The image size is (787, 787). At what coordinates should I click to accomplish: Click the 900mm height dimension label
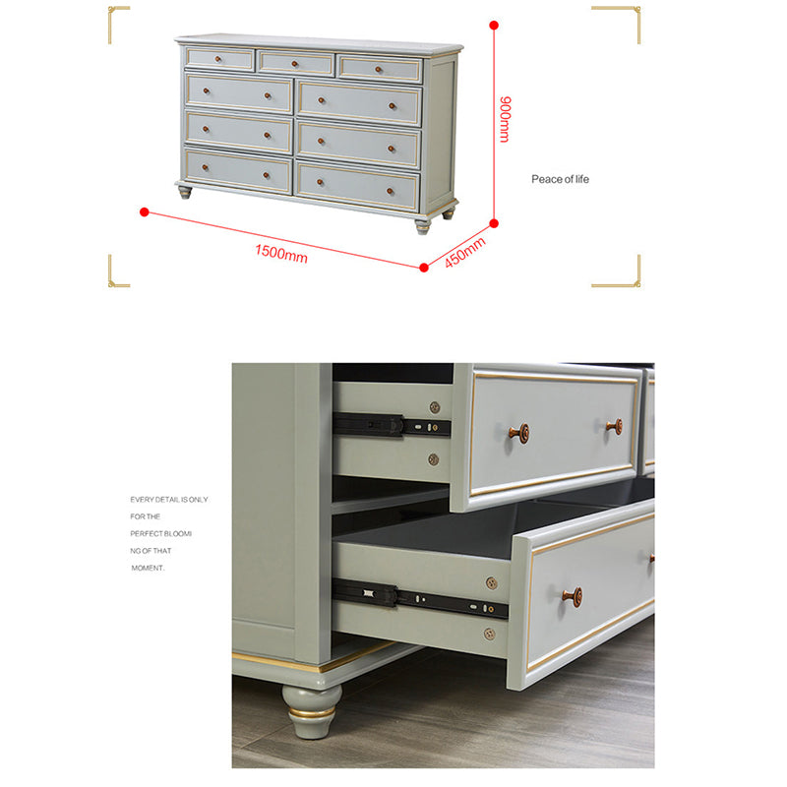click(506, 119)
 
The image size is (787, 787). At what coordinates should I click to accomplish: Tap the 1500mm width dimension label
click(281, 254)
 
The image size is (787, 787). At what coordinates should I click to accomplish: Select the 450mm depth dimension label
click(465, 252)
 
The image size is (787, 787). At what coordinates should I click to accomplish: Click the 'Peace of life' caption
click(560, 179)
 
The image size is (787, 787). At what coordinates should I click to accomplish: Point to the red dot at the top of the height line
click(494, 25)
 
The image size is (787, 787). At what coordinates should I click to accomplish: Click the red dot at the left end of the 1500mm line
click(145, 212)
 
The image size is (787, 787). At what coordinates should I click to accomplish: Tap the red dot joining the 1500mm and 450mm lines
click(424, 268)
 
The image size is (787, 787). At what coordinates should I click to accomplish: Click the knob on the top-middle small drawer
click(294, 64)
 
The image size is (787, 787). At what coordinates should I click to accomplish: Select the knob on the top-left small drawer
click(217, 59)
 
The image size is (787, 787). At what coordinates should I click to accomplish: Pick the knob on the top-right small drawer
click(379, 69)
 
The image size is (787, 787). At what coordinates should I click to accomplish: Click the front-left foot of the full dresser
click(185, 192)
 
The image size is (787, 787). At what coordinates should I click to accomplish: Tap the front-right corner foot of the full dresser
click(423, 226)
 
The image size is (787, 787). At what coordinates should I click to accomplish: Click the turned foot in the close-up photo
click(312, 711)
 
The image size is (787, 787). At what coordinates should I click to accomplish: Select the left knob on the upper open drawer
click(519, 433)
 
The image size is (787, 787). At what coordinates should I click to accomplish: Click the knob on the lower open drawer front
click(574, 597)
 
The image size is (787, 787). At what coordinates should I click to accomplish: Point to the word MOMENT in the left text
click(148, 569)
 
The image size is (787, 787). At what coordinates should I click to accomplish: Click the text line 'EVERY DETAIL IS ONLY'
click(169, 500)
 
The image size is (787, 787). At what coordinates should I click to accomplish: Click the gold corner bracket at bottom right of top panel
click(616, 272)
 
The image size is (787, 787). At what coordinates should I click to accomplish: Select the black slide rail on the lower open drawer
click(420, 598)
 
